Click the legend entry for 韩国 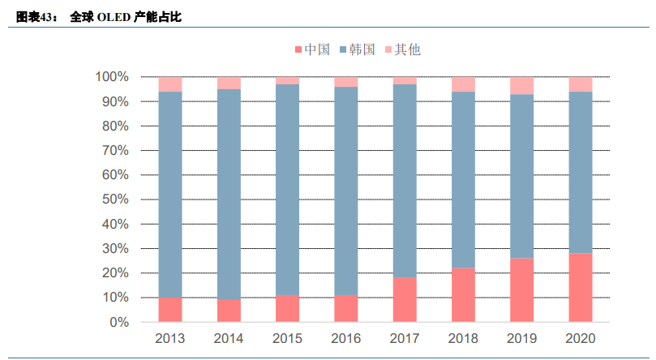point(356,49)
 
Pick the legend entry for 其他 point(401,49)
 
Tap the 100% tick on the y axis point(112,77)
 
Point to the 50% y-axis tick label point(114,199)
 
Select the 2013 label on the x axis point(170,338)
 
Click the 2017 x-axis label point(405,338)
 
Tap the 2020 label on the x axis point(581,338)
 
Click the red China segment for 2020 point(581,288)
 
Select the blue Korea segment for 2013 point(170,195)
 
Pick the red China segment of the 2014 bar point(229,311)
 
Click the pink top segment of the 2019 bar point(522,85)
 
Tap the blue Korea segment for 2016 point(346,191)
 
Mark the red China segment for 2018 point(463,295)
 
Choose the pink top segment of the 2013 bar point(170,84)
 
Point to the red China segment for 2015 point(288,309)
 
